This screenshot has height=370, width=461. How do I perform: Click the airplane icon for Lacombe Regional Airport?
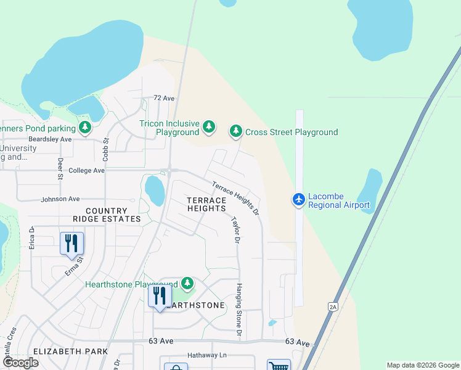[x=299, y=199]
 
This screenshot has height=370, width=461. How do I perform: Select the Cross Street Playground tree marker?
[x=235, y=131]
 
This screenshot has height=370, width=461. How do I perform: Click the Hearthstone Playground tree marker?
[x=187, y=284]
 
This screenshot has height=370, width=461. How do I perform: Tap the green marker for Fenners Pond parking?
[x=85, y=128]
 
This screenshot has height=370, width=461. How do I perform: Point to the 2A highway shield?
[x=333, y=306]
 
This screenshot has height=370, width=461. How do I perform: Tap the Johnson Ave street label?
[x=60, y=199]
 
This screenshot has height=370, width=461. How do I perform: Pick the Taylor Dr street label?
[x=235, y=229]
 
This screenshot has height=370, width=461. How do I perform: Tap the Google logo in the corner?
[x=20, y=362]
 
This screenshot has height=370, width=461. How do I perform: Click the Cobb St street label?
[x=105, y=150]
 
